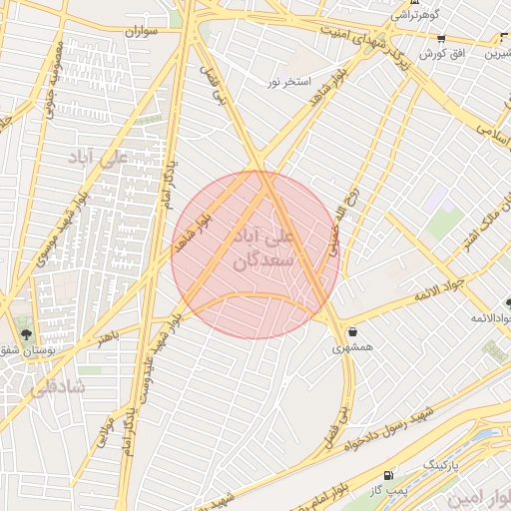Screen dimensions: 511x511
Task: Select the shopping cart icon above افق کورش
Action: pos(441,38)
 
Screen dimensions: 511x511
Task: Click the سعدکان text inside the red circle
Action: pos(261,260)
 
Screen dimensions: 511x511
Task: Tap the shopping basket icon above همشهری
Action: pos(352,332)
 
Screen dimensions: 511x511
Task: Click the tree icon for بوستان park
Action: pos(26,334)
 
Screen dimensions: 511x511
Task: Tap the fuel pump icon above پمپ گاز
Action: pos(388,475)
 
